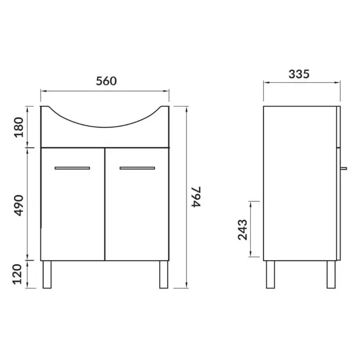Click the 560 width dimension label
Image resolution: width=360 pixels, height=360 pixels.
106,81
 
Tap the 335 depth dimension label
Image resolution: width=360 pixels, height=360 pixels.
299,74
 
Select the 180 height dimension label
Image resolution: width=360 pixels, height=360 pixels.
19,127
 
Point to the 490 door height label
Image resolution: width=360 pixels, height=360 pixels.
19,206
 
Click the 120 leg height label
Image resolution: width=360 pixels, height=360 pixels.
17,274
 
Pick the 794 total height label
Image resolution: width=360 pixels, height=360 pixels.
197,197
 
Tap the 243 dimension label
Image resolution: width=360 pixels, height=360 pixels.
243,230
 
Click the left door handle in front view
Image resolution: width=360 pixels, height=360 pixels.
73,168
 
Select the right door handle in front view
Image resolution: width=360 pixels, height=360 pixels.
138,168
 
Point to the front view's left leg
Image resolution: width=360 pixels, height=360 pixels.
47,274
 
